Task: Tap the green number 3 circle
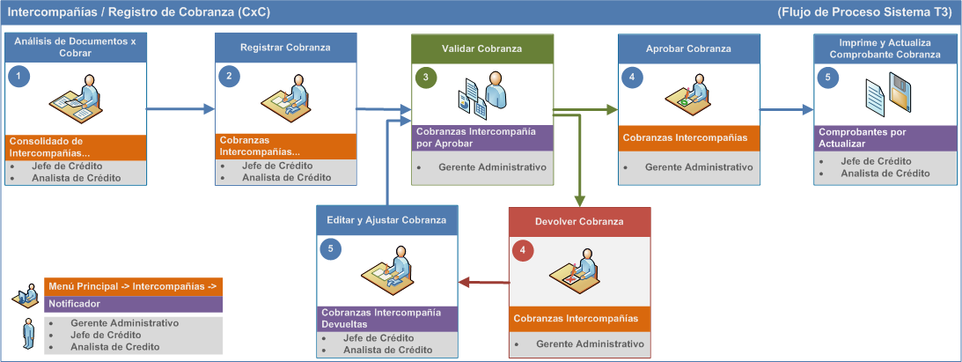pyautogui.click(x=426, y=78)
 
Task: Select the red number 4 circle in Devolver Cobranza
pyautogui.click(x=523, y=251)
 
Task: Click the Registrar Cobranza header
pyautogui.click(x=285, y=48)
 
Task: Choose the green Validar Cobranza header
pyautogui.click(x=482, y=48)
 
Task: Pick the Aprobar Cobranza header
pyautogui.click(x=688, y=48)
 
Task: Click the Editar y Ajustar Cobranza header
pyautogui.click(x=387, y=219)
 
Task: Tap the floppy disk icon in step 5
pyautogui.click(x=899, y=92)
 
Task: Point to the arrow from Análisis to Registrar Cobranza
pyautogui.click(x=180, y=109)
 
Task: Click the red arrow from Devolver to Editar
pyautogui.click(x=484, y=282)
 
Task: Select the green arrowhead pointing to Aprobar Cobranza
pyautogui.click(x=612, y=110)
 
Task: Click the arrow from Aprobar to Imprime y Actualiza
pyautogui.click(x=787, y=110)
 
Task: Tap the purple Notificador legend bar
pyautogui.click(x=133, y=304)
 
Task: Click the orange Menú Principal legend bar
pyautogui.click(x=133, y=286)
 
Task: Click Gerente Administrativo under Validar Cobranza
pyautogui.click(x=492, y=166)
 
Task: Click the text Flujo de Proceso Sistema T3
pyautogui.click(x=864, y=12)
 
